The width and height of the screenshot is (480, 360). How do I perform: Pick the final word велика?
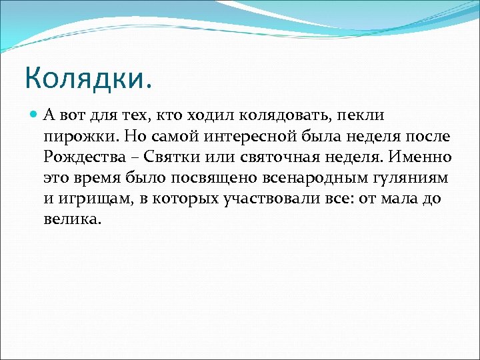73,219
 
